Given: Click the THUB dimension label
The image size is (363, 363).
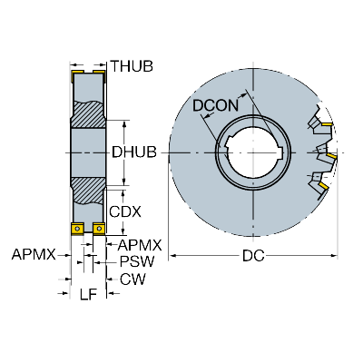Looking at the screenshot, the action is [x=132, y=66].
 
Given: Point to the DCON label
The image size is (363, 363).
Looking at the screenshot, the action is [x=216, y=106].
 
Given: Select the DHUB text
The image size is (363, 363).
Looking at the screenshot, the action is [x=134, y=152].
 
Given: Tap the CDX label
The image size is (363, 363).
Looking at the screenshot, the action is [x=125, y=212].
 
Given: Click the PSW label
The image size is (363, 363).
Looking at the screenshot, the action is [x=137, y=261].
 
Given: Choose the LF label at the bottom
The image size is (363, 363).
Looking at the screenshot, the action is [x=88, y=294].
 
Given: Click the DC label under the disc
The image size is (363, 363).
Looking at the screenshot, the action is [x=253, y=256].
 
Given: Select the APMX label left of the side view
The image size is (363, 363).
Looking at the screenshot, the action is [x=34, y=255].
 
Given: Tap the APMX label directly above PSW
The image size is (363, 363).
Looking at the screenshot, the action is [x=140, y=245].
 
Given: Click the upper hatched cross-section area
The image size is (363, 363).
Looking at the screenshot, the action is [x=88, y=114].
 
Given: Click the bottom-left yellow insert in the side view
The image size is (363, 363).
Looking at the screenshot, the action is [x=77, y=229].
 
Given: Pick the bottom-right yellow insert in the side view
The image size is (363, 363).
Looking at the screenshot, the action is [x=99, y=229].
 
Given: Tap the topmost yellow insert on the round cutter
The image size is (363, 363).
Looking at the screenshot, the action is [x=327, y=124].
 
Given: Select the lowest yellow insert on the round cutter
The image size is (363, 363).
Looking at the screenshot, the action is [x=323, y=186].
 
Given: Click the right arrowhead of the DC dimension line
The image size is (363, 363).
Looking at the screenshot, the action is [x=334, y=256].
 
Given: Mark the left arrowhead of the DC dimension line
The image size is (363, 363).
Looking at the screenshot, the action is [x=172, y=256].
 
